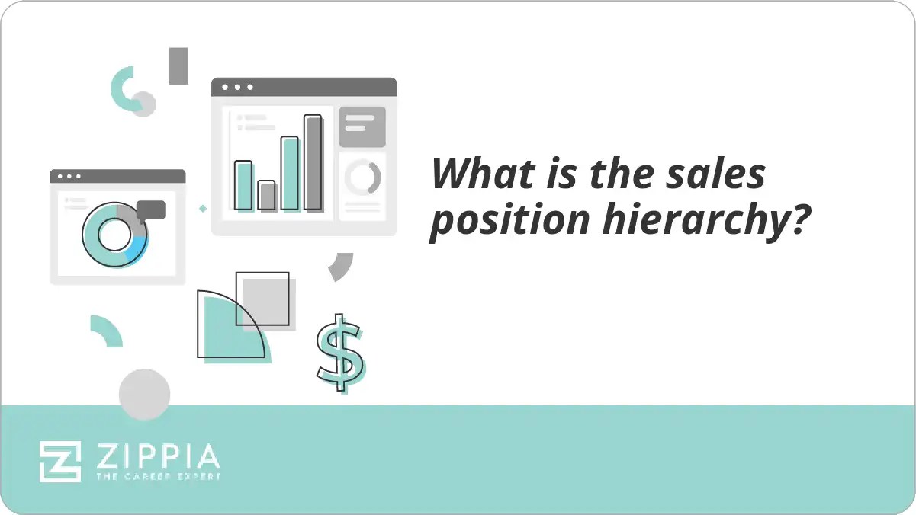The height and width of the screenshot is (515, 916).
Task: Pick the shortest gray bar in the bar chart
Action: tap(266, 196)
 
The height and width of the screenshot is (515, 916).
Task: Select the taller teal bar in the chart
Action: tap(290, 174)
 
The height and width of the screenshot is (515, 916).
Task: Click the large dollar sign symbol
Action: tap(340, 353)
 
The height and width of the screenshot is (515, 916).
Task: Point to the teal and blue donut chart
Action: tap(114, 235)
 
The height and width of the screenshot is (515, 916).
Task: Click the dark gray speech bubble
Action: tap(151, 210)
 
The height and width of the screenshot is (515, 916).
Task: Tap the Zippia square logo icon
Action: tap(60, 461)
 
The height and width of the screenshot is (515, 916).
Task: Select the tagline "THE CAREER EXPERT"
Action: tap(158, 477)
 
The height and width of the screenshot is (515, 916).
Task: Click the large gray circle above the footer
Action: tap(144, 394)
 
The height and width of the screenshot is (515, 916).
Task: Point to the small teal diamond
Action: tap(203, 208)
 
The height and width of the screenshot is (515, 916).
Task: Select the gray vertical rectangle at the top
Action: tap(178, 66)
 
